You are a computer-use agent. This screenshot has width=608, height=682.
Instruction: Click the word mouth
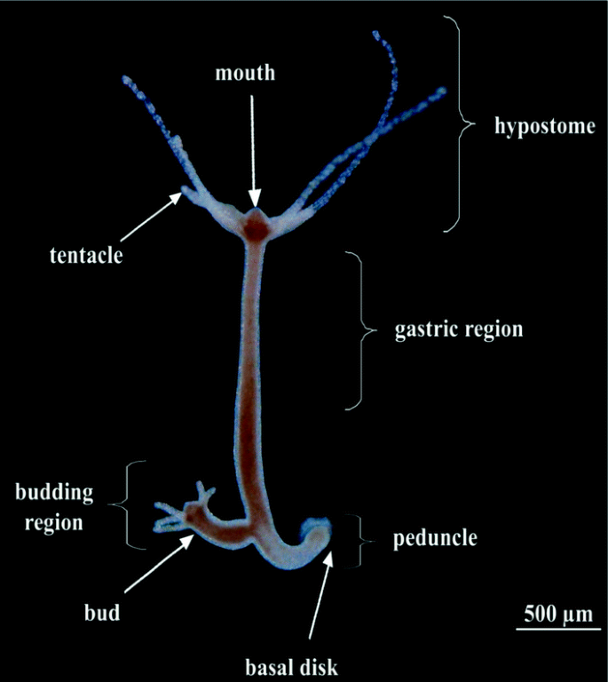pos(245,74)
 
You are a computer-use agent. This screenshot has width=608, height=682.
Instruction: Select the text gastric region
pos(458,329)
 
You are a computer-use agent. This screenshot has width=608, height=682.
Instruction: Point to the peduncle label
pos(435,538)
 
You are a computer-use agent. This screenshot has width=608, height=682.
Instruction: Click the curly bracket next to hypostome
pos(462,124)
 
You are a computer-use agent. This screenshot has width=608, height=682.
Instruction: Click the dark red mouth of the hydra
pos(257,230)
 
